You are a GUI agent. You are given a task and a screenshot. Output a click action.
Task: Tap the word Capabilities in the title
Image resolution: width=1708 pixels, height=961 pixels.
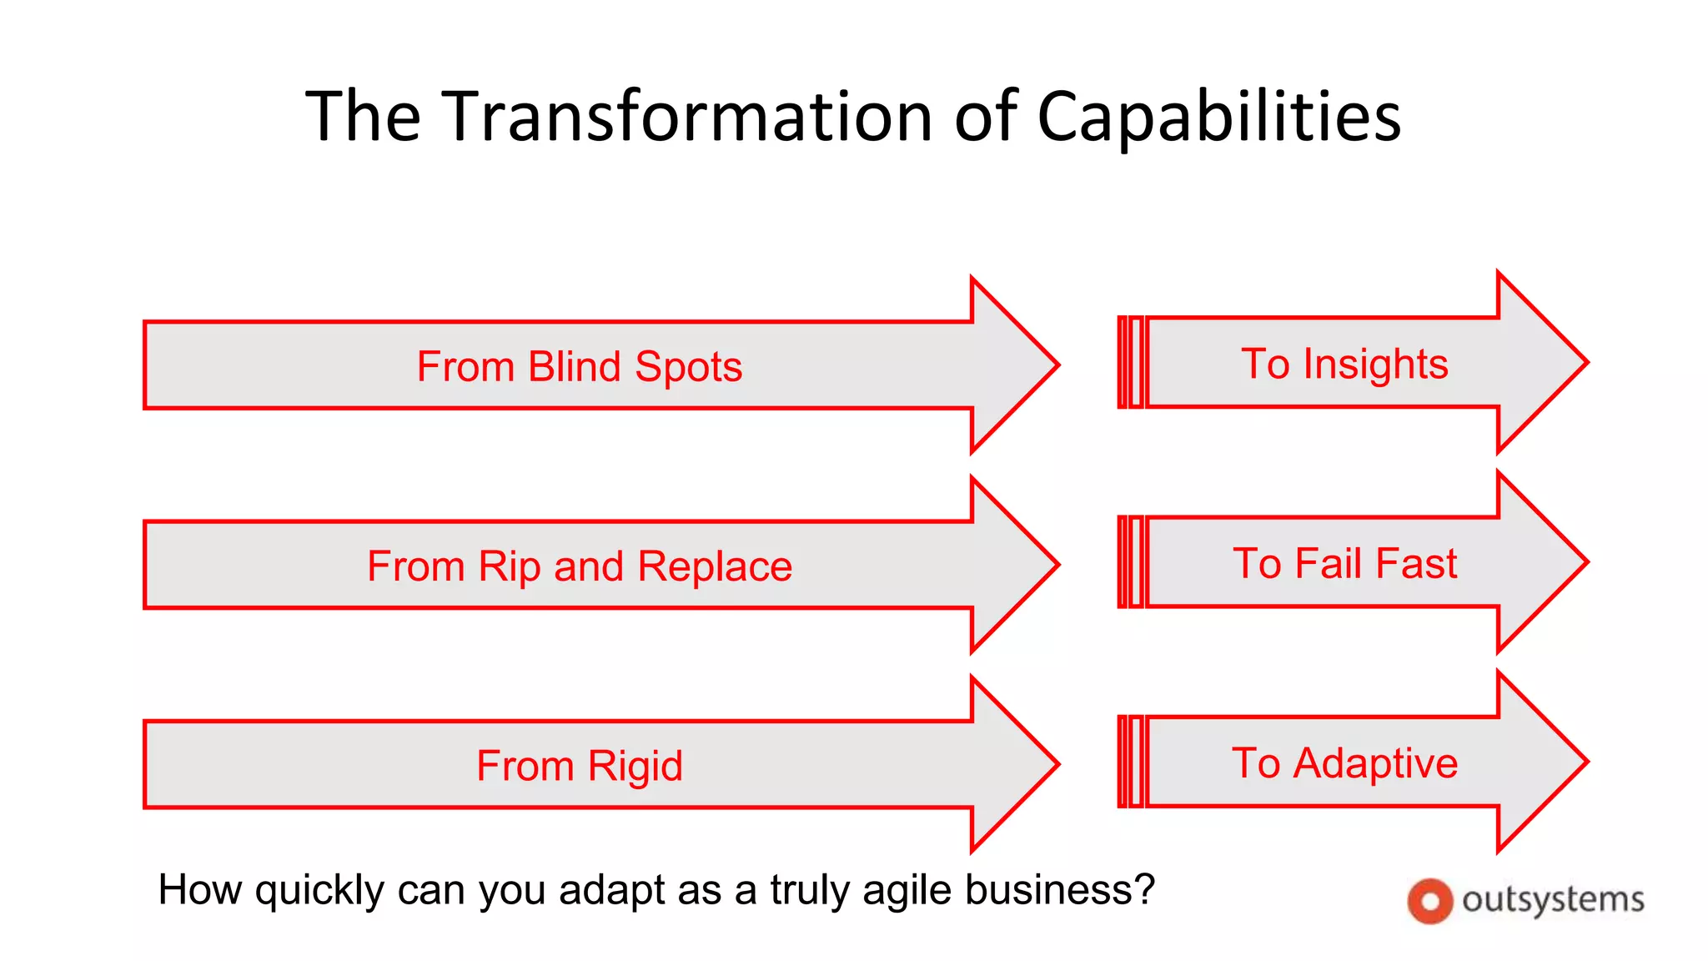point(1218,117)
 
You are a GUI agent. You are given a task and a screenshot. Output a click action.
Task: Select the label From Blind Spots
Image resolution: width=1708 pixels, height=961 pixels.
point(579,367)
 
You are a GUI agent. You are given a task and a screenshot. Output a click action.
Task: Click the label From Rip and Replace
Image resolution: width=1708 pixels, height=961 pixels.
point(579,566)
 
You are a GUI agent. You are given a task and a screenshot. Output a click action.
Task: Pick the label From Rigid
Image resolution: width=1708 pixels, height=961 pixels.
point(579,766)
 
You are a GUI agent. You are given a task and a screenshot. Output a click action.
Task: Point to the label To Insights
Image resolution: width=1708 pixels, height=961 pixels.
point(1344,364)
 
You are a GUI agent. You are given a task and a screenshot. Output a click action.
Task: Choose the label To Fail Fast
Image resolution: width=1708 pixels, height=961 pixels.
point(1344,563)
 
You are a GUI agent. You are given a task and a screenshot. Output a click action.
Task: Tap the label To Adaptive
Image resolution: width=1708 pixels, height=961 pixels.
point(1344,762)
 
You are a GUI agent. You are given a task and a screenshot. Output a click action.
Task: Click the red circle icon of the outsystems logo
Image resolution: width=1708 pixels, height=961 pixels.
point(1430,902)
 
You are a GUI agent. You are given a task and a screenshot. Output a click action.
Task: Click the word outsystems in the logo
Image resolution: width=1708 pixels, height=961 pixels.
point(1553,900)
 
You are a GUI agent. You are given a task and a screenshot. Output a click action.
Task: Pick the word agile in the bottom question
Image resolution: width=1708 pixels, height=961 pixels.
point(908,890)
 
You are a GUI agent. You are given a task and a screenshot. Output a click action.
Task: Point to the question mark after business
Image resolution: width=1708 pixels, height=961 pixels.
point(1145,888)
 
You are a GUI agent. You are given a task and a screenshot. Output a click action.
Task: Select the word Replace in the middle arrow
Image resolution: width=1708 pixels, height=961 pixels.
point(715,566)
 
